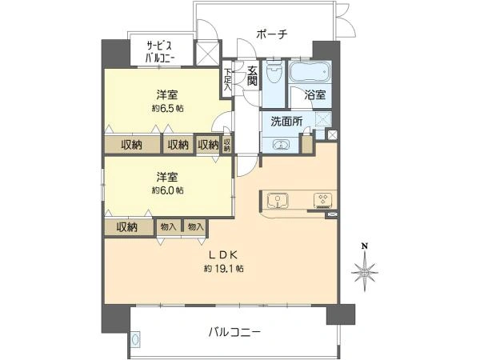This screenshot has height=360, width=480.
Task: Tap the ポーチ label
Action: [271, 34]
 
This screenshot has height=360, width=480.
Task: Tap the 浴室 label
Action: [313, 94]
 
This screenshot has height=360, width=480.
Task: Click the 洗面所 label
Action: [286, 122]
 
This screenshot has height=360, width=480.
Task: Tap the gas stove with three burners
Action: [323, 200]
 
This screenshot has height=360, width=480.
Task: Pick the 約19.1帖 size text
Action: [223, 269]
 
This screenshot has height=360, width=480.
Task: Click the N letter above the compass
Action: [365, 246]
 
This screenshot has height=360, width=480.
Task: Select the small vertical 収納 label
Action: [227, 144]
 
